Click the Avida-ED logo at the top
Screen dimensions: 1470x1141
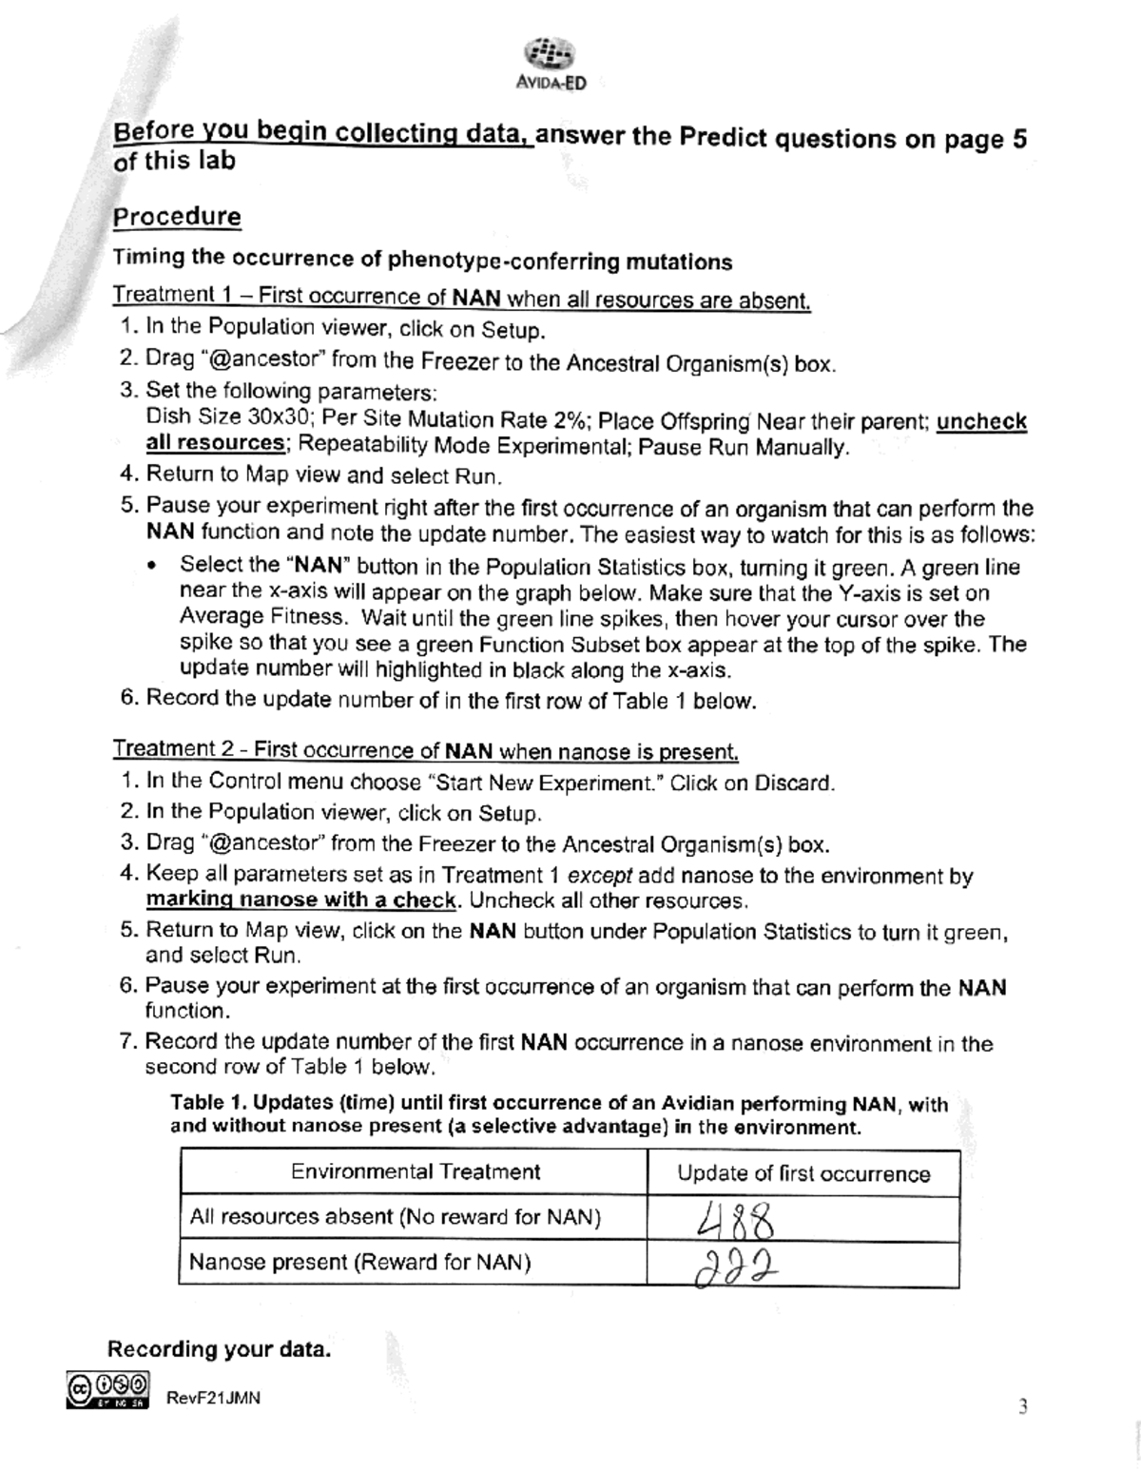(550, 62)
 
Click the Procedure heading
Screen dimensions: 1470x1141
(177, 217)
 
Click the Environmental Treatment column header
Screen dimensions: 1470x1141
(415, 1171)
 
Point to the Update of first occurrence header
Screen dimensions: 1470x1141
(803, 1173)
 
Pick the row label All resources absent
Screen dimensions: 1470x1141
(395, 1217)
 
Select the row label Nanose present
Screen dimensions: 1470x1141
(359, 1263)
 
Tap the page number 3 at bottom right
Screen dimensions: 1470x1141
(1022, 1407)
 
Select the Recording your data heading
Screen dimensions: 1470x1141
(220, 1349)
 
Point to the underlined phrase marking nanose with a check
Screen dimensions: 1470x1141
(300, 899)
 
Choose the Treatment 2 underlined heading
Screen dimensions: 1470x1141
(425, 750)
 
